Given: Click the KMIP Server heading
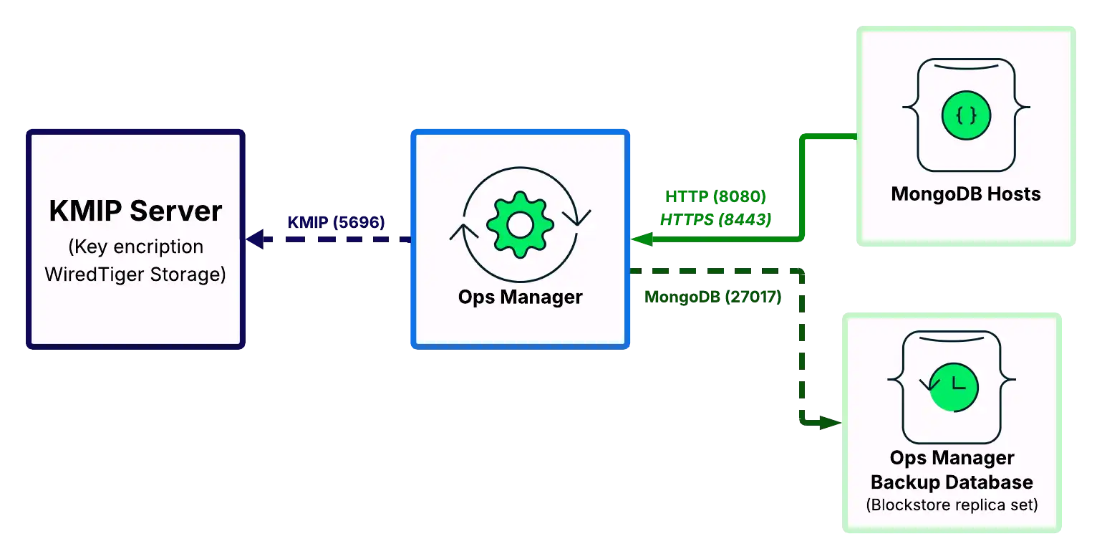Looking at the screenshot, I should pos(135,211).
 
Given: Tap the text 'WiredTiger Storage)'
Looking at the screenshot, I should pos(135,274).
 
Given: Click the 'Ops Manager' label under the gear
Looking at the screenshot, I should pos(520,297).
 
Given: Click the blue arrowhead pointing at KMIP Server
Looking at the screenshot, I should pos(256,240).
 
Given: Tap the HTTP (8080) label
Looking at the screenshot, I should pos(715,197).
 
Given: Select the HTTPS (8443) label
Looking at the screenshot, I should pos(715,220).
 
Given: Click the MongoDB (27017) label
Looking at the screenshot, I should pos(713,297).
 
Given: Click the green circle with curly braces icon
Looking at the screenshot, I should pos(966,115).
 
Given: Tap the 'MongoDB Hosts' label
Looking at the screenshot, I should pos(965,194).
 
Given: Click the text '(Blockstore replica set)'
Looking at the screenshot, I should pos(952,505).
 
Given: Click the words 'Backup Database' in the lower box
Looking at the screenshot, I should pos(952,482).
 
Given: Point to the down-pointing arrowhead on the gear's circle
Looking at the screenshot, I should pos(576,216).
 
